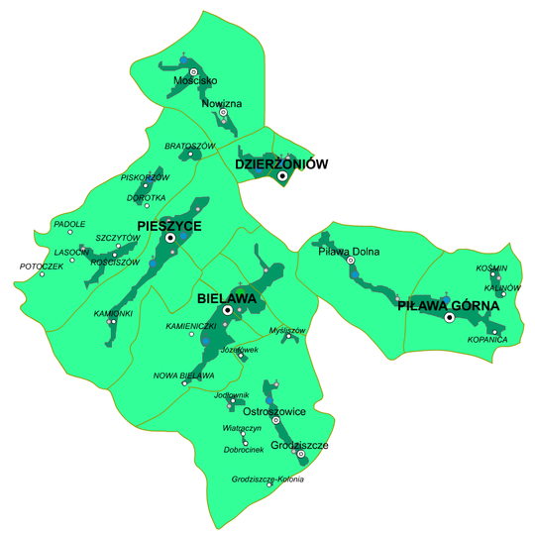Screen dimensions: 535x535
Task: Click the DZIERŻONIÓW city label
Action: point(281,163)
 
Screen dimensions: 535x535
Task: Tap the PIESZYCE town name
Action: point(169,226)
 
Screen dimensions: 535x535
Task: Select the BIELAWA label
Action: point(227,297)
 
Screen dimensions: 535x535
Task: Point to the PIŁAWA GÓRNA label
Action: point(449,306)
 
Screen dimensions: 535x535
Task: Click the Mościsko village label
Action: point(194,81)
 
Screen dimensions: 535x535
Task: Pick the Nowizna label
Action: point(221,103)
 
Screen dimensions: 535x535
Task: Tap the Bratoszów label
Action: point(189,146)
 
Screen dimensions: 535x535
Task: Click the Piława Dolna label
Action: point(349,252)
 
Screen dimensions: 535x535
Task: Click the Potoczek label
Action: point(40,267)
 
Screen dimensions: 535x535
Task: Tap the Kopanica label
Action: point(487,340)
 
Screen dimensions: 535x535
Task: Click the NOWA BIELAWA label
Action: point(183,375)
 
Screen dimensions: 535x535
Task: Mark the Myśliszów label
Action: point(287,329)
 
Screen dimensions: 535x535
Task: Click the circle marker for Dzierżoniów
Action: point(282,176)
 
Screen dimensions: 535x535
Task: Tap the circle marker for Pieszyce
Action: point(170,239)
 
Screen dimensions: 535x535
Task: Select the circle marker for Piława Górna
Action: point(449,318)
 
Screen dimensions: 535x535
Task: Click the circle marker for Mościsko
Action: point(193,71)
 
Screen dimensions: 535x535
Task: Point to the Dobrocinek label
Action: point(244,450)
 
